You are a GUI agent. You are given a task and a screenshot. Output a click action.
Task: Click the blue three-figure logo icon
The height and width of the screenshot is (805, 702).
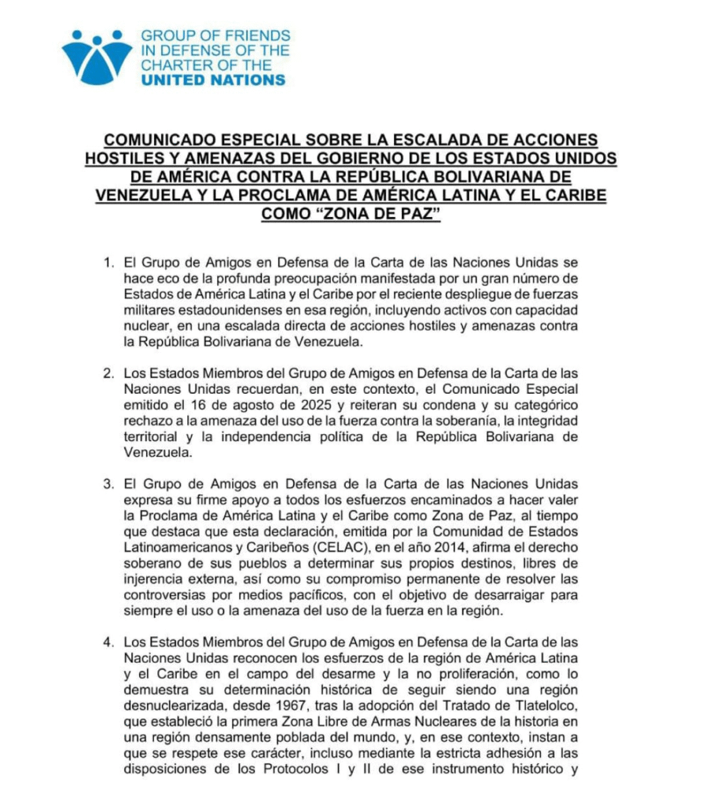tap(97, 57)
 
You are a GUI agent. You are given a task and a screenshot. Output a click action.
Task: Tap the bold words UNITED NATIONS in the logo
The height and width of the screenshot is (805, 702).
tap(213, 80)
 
